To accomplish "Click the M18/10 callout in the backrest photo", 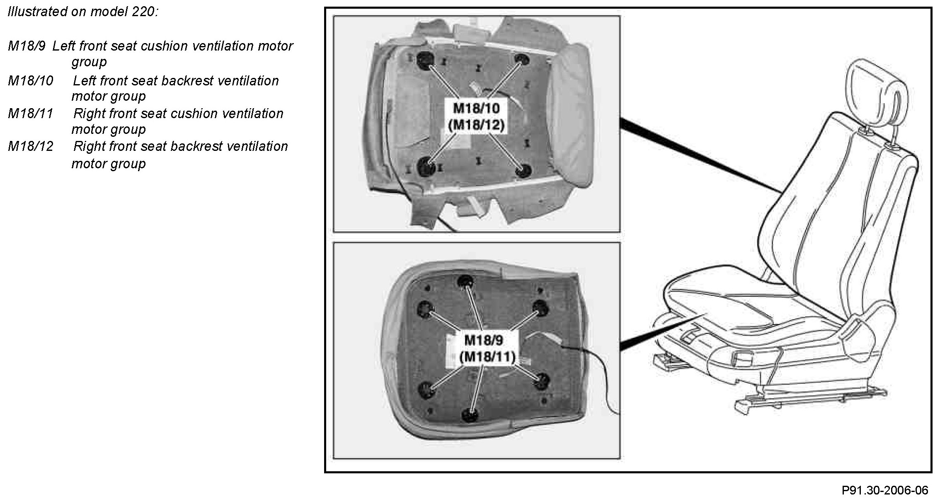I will pyautogui.click(x=476, y=109).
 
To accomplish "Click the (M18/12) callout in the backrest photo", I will pyautogui.click(x=476, y=125).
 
